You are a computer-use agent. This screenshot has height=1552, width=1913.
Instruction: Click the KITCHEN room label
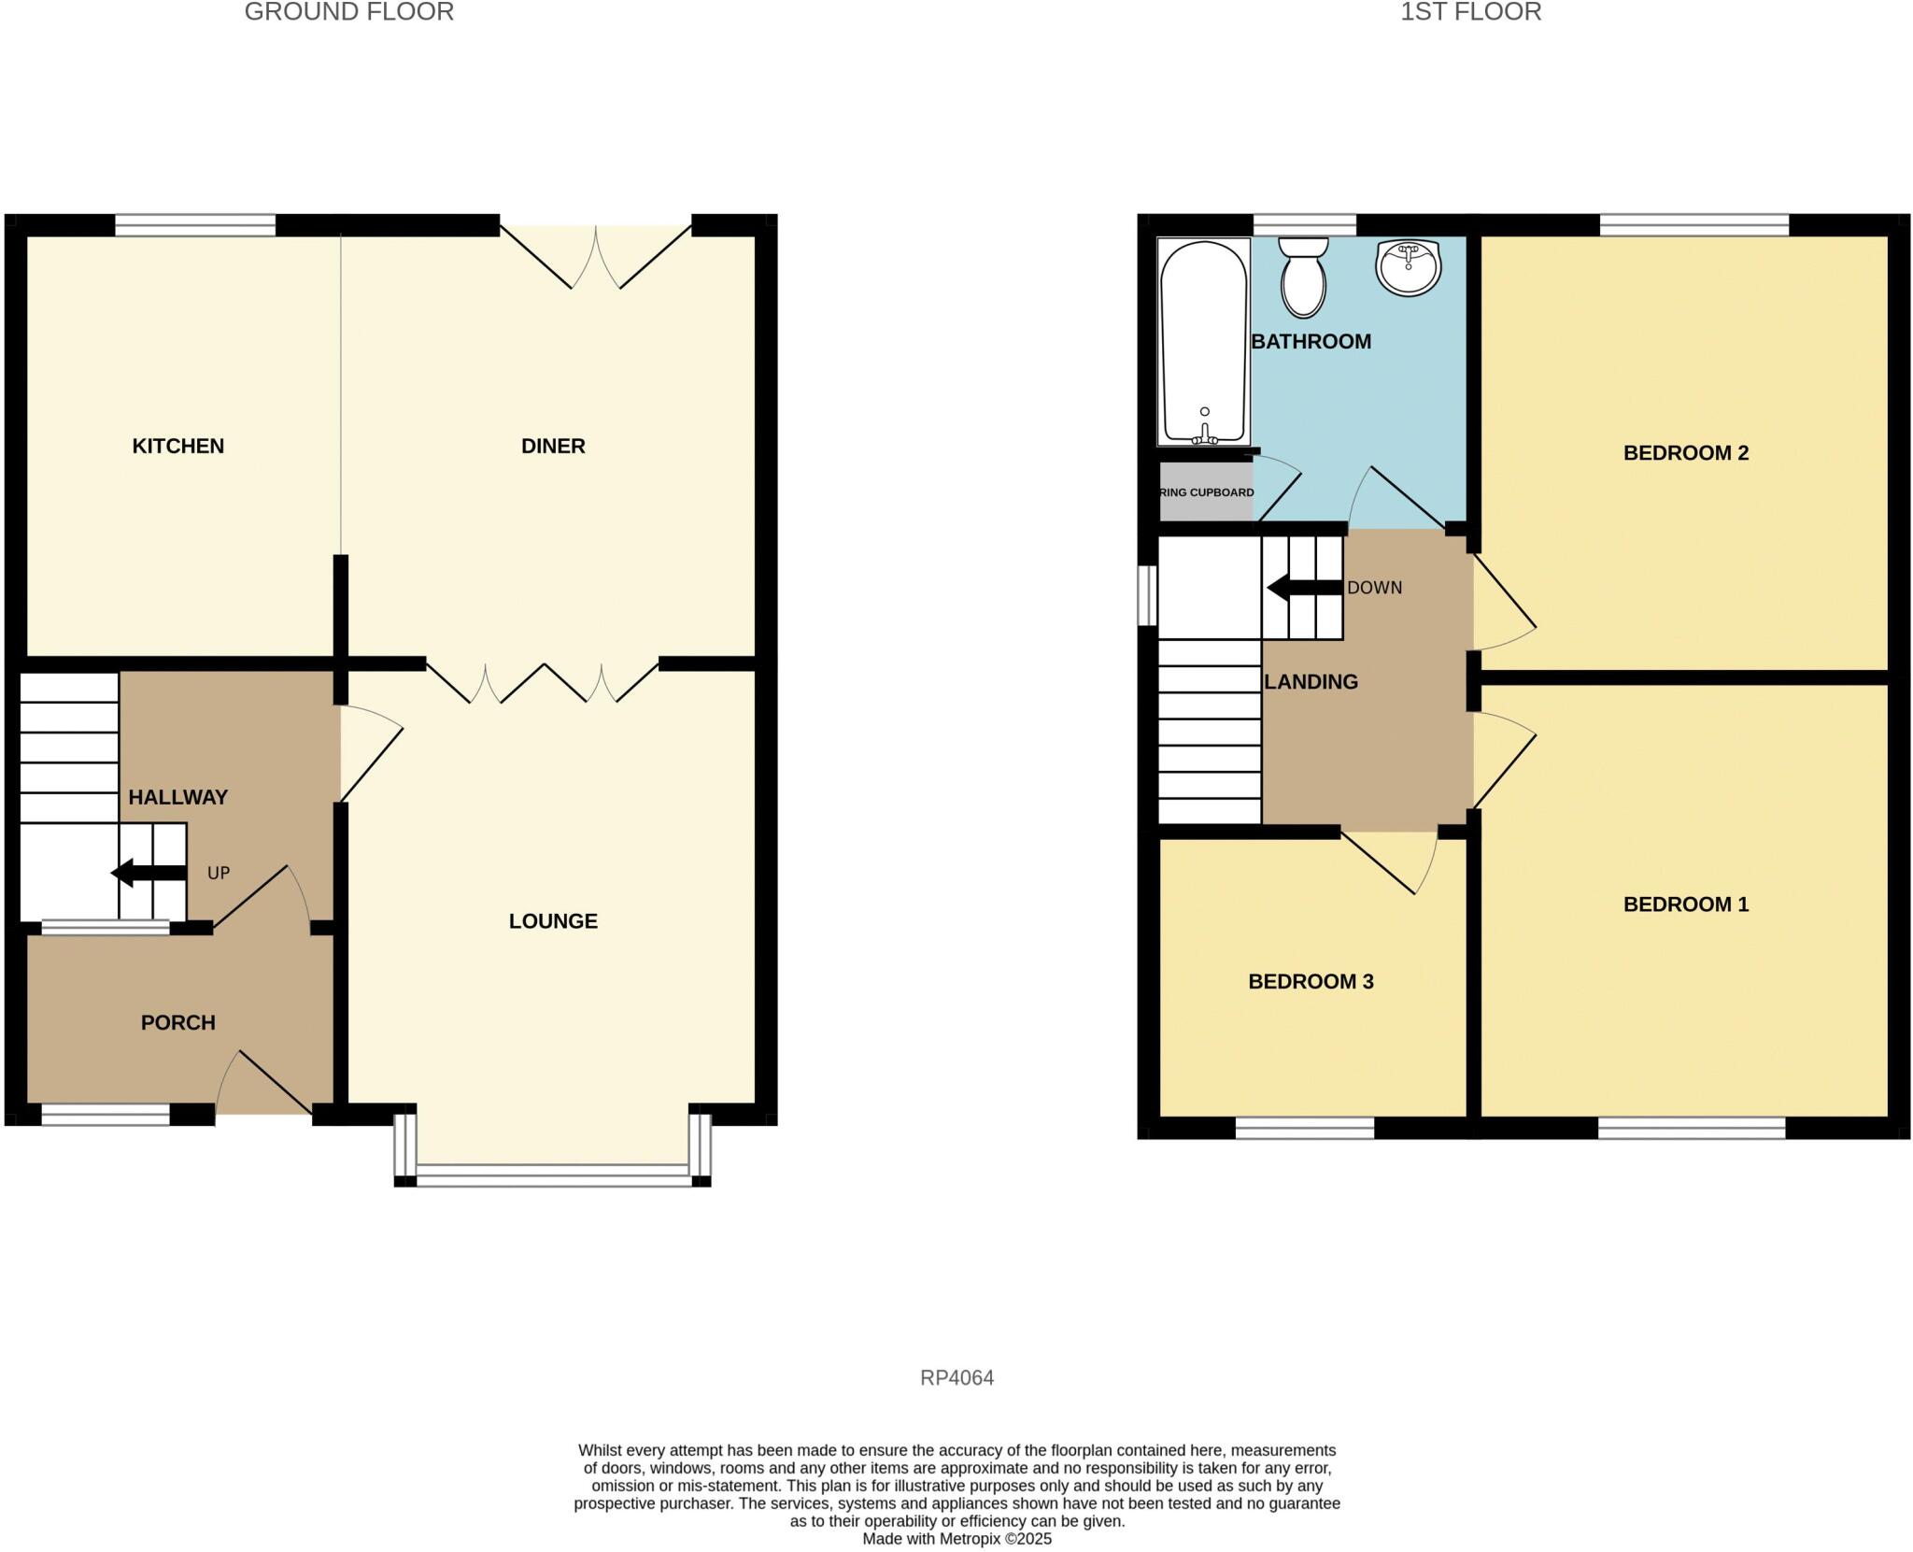(x=177, y=446)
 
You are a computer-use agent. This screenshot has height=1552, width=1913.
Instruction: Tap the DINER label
(x=553, y=446)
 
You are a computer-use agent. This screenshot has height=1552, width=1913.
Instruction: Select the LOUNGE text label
(x=553, y=920)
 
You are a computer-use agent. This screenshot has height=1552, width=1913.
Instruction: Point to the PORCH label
(x=177, y=1022)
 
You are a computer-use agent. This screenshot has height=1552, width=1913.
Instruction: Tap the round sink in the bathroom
(x=1408, y=265)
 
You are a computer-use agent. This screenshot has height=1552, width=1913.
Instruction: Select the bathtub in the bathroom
(x=1203, y=341)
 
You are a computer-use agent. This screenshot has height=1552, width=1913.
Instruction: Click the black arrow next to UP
(x=148, y=873)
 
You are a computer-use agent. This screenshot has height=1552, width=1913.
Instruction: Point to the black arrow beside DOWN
(x=1304, y=588)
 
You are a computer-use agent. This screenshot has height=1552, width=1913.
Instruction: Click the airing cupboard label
(x=1206, y=492)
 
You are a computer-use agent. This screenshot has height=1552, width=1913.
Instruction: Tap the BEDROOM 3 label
(x=1311, y=981)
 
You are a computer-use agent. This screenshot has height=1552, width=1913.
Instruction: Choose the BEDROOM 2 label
(x=1685, y=453)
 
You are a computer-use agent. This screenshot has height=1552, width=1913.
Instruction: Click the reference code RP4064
(x=956, y=1377)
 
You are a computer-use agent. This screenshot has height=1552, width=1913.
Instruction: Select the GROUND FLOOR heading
(x=348, y=12)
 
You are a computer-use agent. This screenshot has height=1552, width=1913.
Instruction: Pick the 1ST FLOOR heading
(x=1470, y=12)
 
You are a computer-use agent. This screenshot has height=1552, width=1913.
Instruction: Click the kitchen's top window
(x=195, y=224)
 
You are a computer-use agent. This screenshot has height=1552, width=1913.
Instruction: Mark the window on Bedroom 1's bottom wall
(x=1691, y=1128)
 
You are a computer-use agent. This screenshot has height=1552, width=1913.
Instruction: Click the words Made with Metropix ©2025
(x=956, y=1539)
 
